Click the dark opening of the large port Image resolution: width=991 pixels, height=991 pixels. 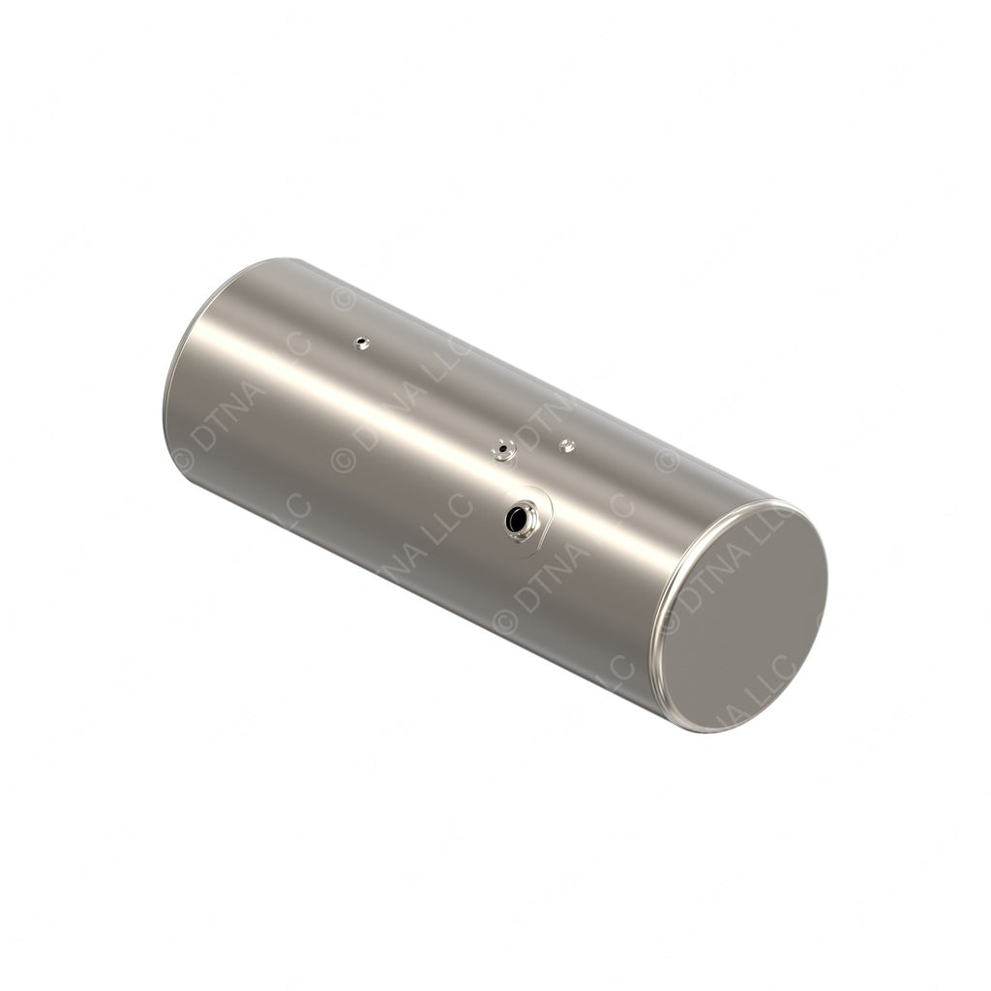(x=519, y=520)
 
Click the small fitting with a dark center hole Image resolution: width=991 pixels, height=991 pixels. (x=502, y=449)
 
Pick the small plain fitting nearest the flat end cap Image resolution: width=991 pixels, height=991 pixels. (x=567, y=445)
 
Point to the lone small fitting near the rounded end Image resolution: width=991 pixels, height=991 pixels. (x=361, y=342)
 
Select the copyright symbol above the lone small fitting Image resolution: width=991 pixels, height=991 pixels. (x=343, y=297)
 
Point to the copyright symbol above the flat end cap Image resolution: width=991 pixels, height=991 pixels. (x=667, y=459)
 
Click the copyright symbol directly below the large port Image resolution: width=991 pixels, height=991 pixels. (x=504, y=620)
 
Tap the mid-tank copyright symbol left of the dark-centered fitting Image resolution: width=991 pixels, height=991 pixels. (x=344, y=459)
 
